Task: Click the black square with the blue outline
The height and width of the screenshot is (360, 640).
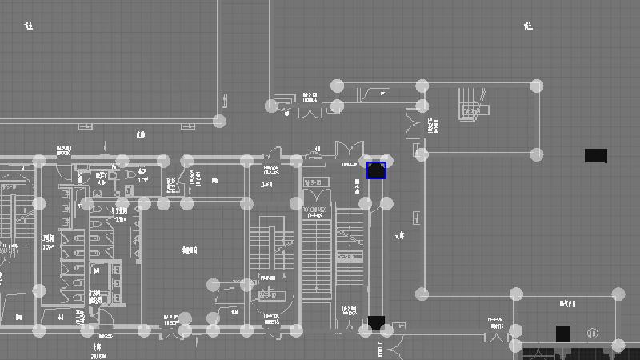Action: click(x=376, y=170)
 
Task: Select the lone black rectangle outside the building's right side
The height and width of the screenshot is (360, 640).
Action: click(x=595, y=155)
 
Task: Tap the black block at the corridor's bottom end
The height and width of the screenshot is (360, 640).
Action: click(x=376, y=323)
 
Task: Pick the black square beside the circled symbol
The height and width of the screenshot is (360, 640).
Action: click(x=563, y=334)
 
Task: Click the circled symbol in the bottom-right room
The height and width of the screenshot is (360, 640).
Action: click(x=593, y=334)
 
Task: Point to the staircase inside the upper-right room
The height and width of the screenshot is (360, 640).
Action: click(x=472, y=105)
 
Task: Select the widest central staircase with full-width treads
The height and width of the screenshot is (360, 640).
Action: click(x=317, y=248)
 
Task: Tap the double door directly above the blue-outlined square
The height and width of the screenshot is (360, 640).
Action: click(x=349, y=150)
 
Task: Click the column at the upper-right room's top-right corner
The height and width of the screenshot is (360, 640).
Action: click(x=537, y=86)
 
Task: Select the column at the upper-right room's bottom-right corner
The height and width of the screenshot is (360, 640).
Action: click(x=537, y=154)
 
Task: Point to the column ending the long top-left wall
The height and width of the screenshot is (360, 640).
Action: click(x=219, y=121)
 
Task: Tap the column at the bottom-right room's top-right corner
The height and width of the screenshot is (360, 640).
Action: click(x=618, y=295)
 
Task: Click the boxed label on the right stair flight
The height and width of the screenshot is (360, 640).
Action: click(x=349, y=256)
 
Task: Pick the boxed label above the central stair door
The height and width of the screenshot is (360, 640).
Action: click(x=314, y=182)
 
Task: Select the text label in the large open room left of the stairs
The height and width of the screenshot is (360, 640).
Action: click(x=189, y=250)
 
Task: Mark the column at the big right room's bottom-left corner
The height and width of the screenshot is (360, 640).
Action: click(x=422, y=294)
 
